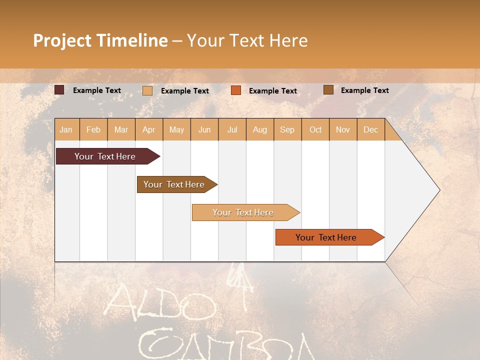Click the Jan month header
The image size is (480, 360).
tap(66, 130)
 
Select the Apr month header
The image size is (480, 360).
tap(149, 130)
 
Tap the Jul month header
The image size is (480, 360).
tap(232, 130)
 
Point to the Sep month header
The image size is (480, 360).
tap(287, 130)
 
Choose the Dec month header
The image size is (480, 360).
tap(370, 130)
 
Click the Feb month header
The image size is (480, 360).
tap(93, 130)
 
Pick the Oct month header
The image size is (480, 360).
tap(315, 130)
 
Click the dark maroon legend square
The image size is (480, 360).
tap(59, 90)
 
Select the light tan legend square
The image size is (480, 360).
tap(147, 90)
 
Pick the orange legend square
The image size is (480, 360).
tap(236, 90)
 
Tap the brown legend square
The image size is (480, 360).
tap(328, 90)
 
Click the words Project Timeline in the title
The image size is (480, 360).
tap(100, 40)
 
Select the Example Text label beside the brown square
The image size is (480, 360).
tap(364, 90)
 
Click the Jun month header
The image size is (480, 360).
tap(204, 130)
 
